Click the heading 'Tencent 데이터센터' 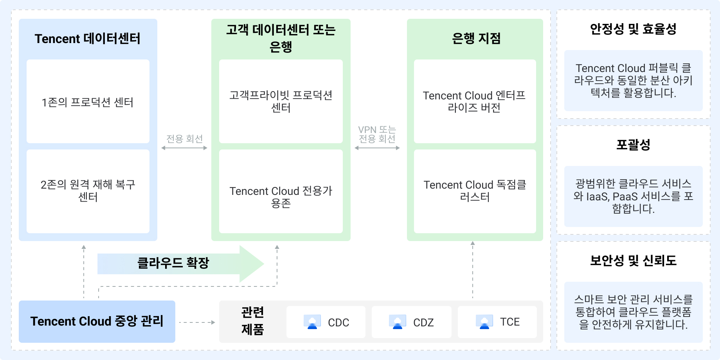tap(88, 39)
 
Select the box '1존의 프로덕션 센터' tap(88, 102)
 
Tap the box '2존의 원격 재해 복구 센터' tap(88, 191)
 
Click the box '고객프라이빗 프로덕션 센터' tap(281, 101)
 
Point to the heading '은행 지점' tap(476, 38)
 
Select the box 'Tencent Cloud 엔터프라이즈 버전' tap(474, 101)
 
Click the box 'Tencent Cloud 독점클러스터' tap(475, 191)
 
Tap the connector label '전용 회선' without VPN tap(184, 139)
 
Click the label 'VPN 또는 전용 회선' tap(377, 134)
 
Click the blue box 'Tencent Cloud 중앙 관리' tap(97, 321)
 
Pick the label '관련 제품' tap(252, 321)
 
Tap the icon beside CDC tap(312, 322)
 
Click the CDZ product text tap(423, 322)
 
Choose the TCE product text tap(509, 322)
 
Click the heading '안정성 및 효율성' tap(633, 29)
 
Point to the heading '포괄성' tap(633, 145)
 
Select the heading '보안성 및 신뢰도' tap(633, 261)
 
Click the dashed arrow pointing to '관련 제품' tap(197, 322)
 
